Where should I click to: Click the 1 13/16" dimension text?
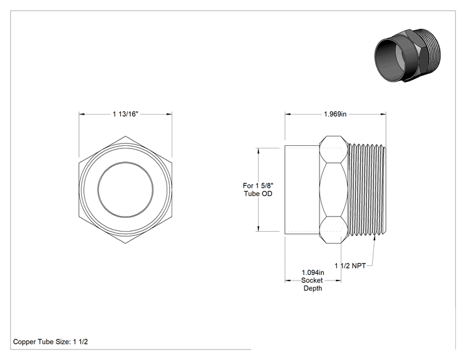(125, 114)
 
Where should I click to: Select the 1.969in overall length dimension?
(335, 114)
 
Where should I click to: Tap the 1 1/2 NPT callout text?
(350, 266)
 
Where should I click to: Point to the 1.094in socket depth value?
(313, 272)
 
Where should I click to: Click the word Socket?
(312, 280)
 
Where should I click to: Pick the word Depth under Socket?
(313, 288)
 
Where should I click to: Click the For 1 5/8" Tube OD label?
(258, 190)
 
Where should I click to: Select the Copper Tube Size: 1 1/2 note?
(51, 342)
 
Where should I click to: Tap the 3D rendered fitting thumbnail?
(407, 56)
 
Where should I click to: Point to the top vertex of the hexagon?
(125, 136)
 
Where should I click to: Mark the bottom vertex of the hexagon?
(125, 244)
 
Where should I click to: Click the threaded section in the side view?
(367, 190)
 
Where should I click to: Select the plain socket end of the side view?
(303, 190)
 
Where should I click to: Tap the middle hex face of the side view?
(334, 190)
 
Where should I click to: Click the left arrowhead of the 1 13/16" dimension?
(81, 114)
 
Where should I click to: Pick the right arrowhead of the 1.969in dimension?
(383, 114)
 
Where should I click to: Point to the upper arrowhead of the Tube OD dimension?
(258, 151)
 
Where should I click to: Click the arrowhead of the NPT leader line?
(374, 239)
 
